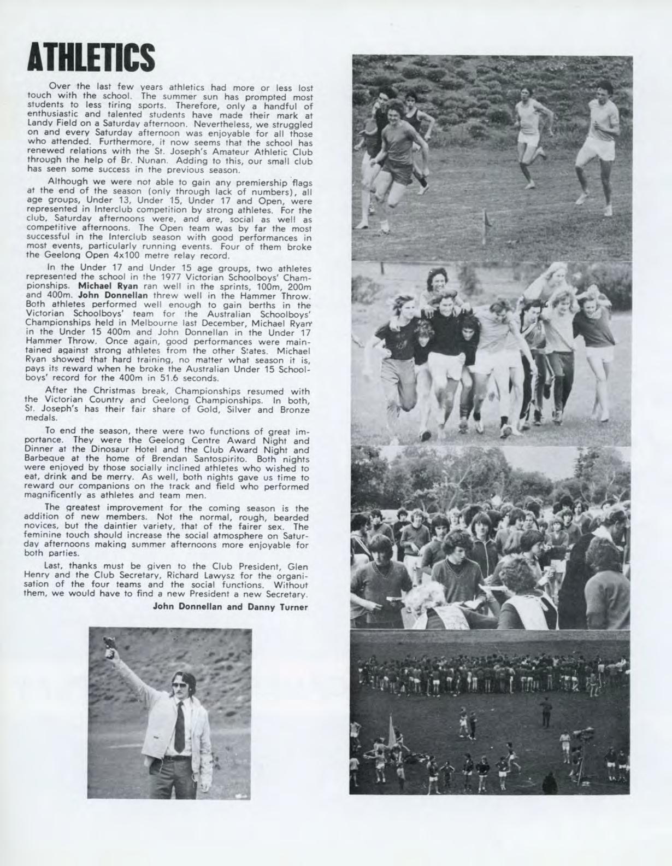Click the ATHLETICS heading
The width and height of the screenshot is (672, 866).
coord(91,57)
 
